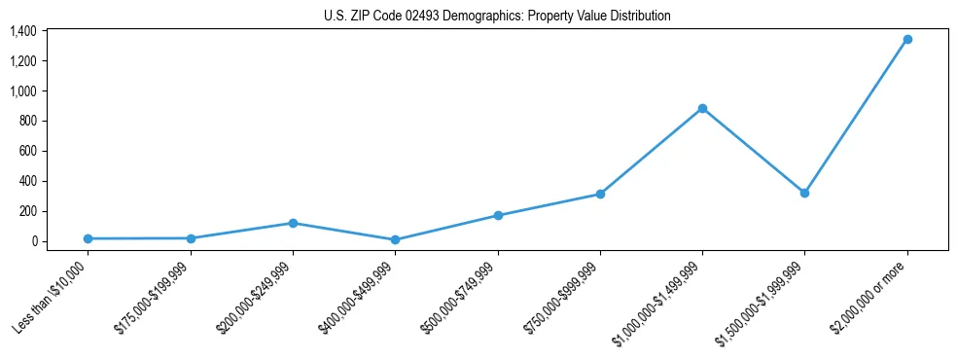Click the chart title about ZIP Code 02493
click(497, 17)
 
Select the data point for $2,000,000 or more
click(907, 40)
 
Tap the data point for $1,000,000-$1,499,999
click(702, 109)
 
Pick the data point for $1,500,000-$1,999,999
click(804, 193)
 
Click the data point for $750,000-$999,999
click(600, 194)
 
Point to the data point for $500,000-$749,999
click(498, 215)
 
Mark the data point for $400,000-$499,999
click(395, 239)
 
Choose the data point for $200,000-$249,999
click(293, 223)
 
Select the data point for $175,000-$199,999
click(191, 238)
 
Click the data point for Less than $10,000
click(88, 238)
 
